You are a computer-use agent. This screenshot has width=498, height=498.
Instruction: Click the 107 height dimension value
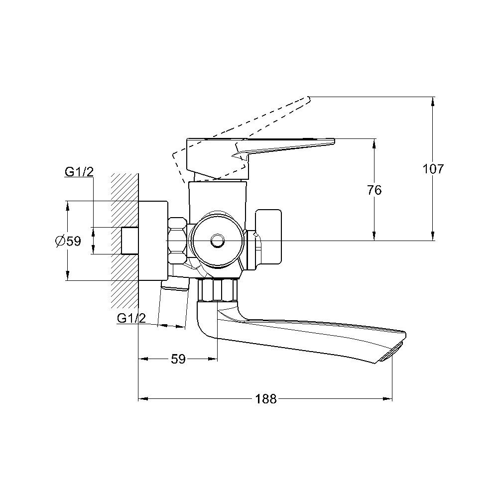point(433,169)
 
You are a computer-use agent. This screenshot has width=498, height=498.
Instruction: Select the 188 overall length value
point(266,399)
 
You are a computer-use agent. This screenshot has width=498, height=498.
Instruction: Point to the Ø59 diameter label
point(68,241)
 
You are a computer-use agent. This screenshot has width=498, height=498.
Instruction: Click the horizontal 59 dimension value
point(178,359)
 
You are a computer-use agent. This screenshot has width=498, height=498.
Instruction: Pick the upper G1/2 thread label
point(79,172)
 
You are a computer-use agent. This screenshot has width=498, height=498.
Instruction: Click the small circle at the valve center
point(218,241)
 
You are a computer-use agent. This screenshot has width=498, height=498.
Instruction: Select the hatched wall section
point(124,241)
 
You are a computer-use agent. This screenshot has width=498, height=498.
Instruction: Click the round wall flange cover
point(153,241)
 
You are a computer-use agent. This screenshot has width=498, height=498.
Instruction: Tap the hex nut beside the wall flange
point(177,241)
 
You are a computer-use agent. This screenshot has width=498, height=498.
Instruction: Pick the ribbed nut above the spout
point(218,290)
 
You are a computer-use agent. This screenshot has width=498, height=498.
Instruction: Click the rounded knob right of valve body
point(268,237)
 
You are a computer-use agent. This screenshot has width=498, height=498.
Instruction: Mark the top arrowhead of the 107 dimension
point(432,101)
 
